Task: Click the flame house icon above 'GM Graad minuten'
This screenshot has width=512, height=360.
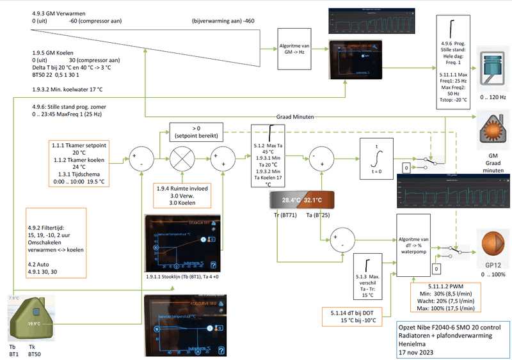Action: point(491,129)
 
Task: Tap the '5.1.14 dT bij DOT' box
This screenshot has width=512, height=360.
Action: point(349,315)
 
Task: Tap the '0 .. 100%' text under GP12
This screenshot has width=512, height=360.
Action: point(491,274)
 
